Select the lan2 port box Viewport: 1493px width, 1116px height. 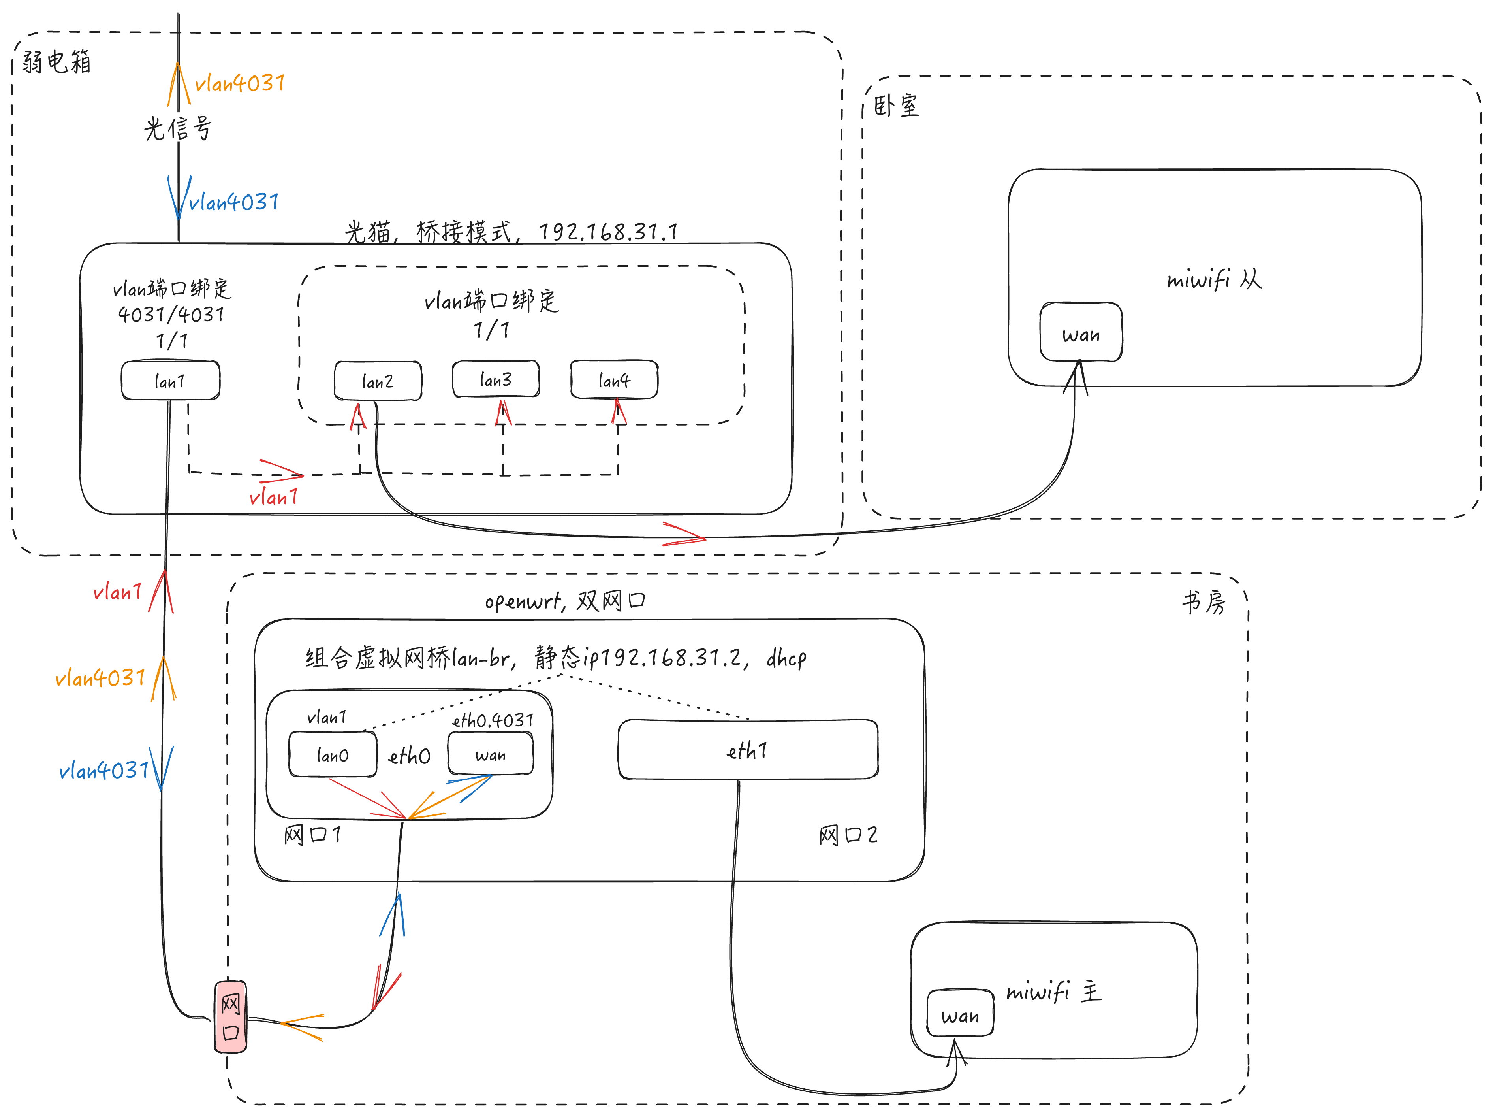click(x=378, y=381)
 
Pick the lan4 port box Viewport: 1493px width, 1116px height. click(x=614, y=380)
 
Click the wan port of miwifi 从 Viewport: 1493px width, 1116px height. click(x=1081, y=333)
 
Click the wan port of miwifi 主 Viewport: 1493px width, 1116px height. click(x=960, y=1014)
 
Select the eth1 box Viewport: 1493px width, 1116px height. click(x=748, y=749)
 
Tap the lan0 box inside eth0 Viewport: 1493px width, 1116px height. click(x=333, y=754)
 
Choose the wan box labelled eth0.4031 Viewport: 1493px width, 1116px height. click(x=491, y=754)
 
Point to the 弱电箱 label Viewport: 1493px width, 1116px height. click(x=57, y=62)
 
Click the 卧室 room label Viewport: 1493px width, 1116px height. click(x=896, y=106)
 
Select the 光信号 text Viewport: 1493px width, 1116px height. click(x=177, y=128)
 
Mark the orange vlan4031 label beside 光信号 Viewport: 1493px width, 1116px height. click(x=240, y=84)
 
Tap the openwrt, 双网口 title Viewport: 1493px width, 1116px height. click(x=565, y=600)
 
